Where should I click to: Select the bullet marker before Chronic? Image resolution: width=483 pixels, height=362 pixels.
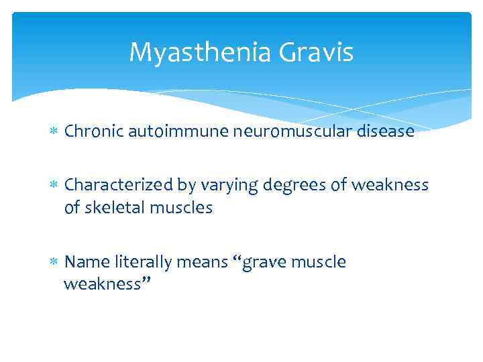(55, 132)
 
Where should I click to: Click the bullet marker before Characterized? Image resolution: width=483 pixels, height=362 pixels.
(55, 186)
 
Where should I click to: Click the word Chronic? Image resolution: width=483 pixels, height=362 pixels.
(92, 131)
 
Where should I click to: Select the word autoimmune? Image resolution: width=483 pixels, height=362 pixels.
(176, 131)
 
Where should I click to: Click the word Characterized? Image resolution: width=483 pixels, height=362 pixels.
(119, 185)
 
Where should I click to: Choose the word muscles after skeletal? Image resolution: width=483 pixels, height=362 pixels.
(182, 208)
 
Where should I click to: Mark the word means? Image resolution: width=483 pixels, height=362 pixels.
(203, 262)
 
